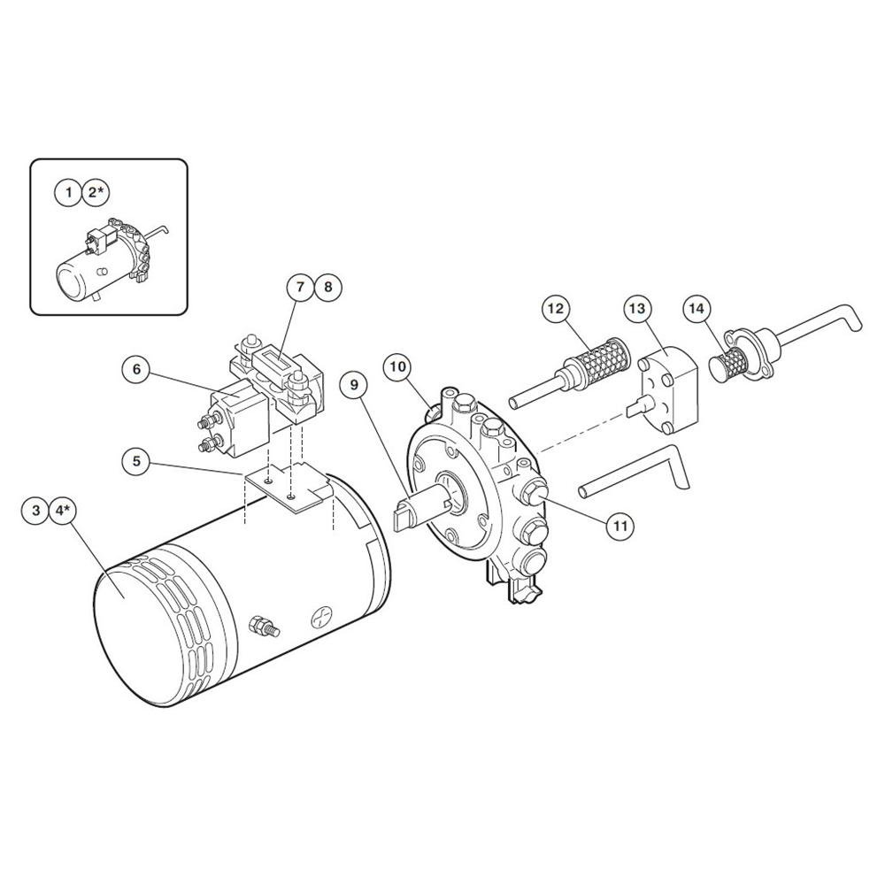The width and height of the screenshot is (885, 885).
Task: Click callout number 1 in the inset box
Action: (x=68, y=193)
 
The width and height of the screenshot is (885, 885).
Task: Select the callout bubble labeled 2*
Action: (x=96, y=193)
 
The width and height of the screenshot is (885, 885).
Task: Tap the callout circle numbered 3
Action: (x=36, y=511)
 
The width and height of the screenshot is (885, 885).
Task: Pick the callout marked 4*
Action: (x=63, y=511)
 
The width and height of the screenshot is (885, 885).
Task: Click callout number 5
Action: (x=136, y=461)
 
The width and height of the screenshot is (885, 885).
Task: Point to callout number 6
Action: (x=136, y=370)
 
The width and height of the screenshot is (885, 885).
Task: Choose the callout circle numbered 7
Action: (x=301, y=287)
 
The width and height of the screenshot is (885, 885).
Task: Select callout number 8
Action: (x=328, y=287)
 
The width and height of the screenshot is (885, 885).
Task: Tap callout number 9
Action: (x=355, y=385)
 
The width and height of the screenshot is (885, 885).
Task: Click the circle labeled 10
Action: (x=398, y=367)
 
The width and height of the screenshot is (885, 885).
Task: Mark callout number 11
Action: (x=620, y=526)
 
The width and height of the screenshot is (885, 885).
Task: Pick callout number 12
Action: (x=556, y=308)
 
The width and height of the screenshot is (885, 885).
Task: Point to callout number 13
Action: (x=638, y=308)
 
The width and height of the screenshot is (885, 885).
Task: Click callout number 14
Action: (x=697, y=308)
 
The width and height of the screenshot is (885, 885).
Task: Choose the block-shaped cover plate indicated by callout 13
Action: (x=668, y=389)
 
